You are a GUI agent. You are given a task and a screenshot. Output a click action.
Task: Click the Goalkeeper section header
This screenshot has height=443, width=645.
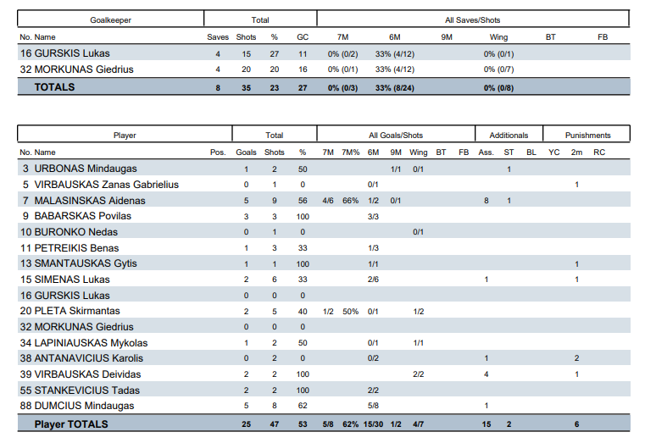pyautogui.click(x=110, y=19)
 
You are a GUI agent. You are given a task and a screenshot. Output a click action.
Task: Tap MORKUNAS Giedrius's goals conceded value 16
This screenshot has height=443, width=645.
pyautogui.click(x=303, y=69)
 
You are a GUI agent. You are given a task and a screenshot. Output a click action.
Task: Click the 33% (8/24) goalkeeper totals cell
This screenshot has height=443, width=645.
pyautogui.click(x=394, y=87)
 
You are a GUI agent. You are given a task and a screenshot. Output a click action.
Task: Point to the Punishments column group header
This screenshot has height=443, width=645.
pyautogui.click(x=588, y=135)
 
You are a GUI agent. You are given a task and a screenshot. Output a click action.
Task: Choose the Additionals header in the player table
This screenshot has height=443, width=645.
pyautogui.click(x=509, y=135)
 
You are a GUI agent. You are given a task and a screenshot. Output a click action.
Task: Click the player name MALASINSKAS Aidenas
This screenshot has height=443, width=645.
pyautogui.click(x=89, y=201)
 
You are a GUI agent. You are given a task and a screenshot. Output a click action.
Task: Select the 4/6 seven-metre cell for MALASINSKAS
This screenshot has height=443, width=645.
pyautogui.click(x=328, y=201)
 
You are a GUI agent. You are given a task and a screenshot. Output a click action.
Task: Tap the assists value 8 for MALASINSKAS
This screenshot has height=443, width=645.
pyautogui.click(x=486, y=201)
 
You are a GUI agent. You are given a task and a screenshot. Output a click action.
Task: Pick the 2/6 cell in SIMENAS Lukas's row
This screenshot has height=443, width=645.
pyautogui.click(x=372, y=280)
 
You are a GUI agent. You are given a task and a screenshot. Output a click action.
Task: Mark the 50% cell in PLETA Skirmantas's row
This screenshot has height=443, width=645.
pyautogui.click(x=350, y=312)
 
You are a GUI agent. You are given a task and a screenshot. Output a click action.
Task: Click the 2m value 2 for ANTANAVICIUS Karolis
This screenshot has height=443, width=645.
pyautogui.click(x=576, y=359)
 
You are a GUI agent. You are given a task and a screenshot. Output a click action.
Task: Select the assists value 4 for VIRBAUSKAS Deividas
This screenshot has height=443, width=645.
pyautogui.click(x=486, y=374)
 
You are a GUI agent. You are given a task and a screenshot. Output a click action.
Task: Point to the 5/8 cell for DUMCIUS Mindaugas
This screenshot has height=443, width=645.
pyautogui.click(x=372, y=407)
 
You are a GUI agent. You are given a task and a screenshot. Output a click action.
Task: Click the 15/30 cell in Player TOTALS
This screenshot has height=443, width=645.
pyautogui.click(x=372, y=424)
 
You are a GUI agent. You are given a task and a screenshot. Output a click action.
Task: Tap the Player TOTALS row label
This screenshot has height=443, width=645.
pyautogui.click(x=71, y=424)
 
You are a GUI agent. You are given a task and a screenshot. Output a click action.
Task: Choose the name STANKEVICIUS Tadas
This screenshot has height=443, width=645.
pyautogui.click(x=86, y=390)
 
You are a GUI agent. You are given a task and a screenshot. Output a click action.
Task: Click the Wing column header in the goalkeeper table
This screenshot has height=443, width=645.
pyautogui.click(x=498, y=37)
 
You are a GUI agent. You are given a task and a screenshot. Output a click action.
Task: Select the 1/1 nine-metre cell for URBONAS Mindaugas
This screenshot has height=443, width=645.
pyautogui.click(x=395, y=169)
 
